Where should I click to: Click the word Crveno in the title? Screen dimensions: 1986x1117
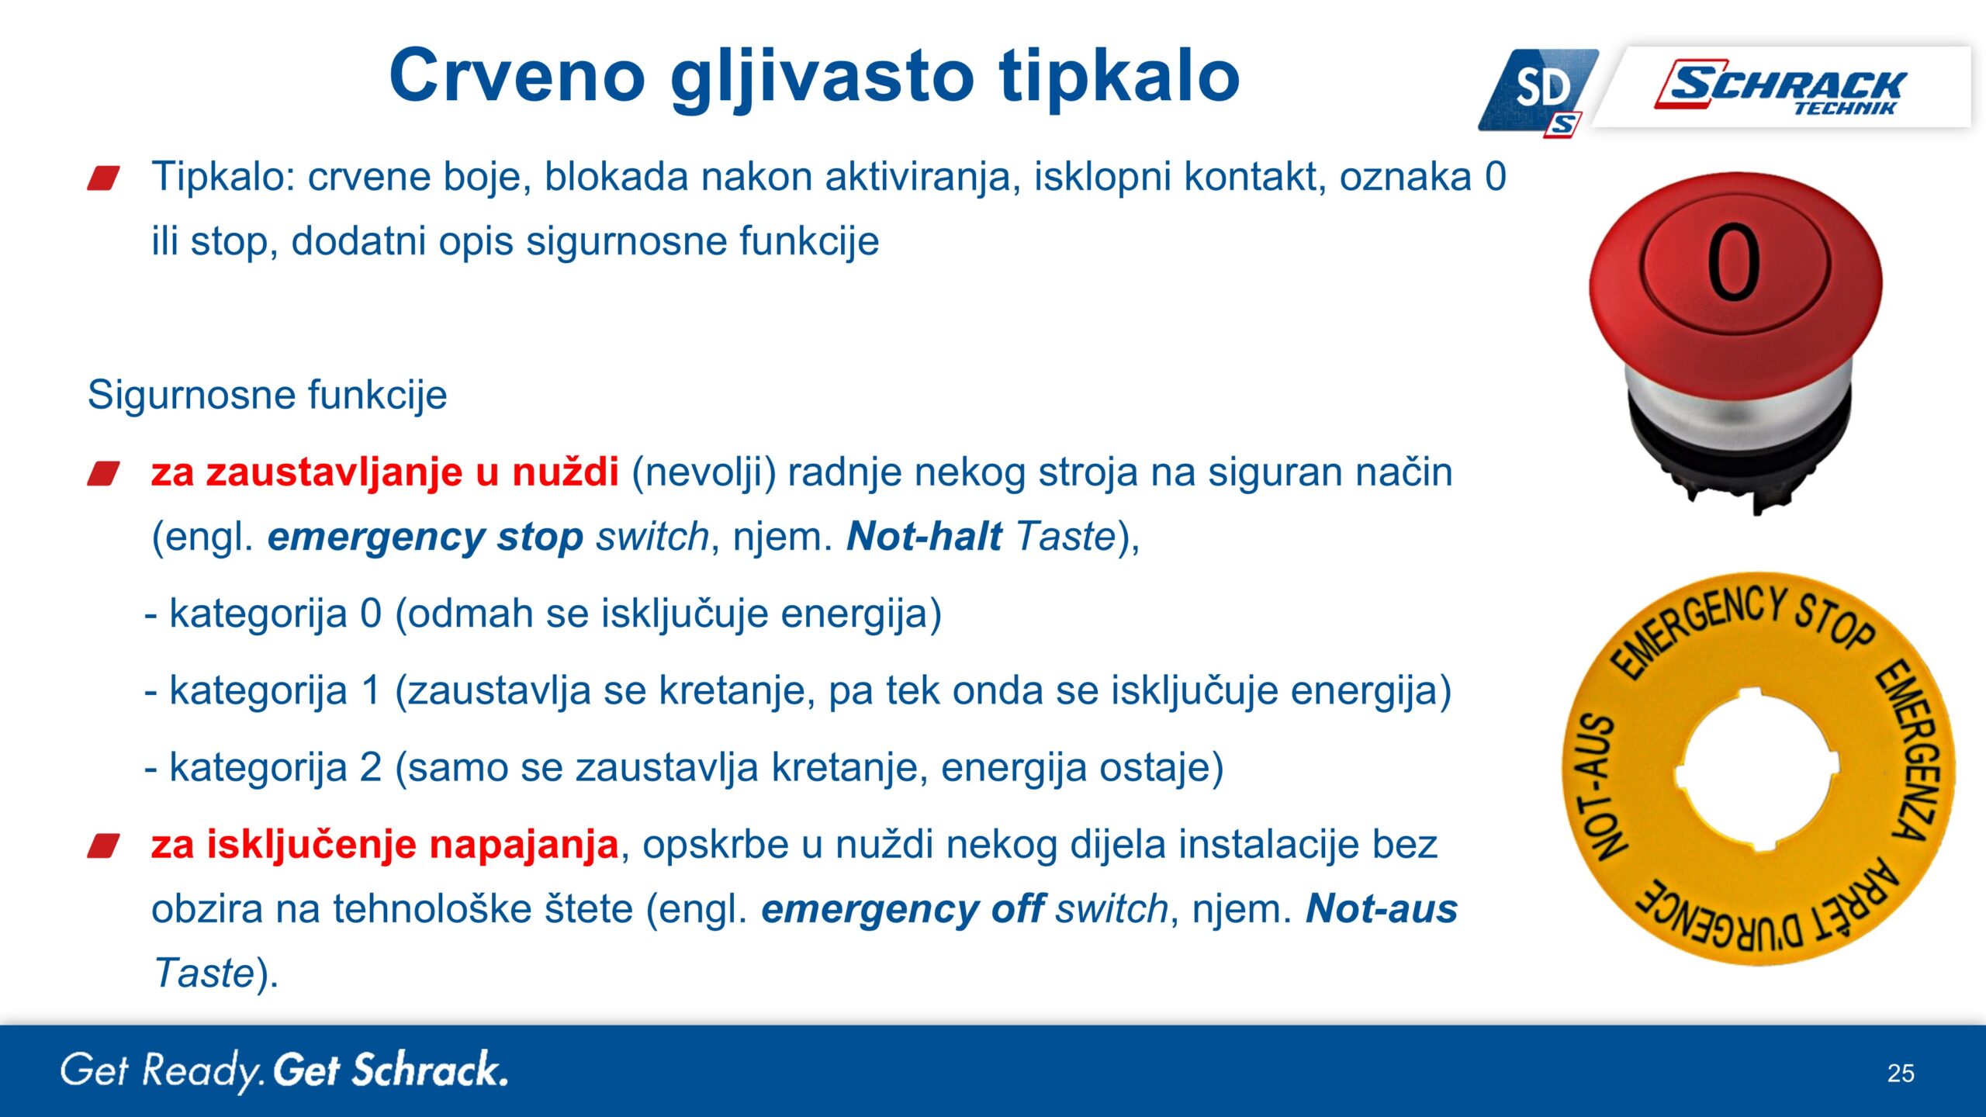click(x=517, y=75)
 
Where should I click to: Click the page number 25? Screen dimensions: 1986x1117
click(x=1901, y=1074)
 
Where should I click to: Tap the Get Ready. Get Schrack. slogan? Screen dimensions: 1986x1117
click(x=284, y=1071)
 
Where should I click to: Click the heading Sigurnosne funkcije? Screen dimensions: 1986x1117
click(x=267, y=395)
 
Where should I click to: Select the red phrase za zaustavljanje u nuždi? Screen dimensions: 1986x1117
click(x=385, y=472)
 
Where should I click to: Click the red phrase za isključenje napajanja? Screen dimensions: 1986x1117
click(x=385, y=845)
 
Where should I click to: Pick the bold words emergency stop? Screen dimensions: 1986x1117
click(x=425, y=537)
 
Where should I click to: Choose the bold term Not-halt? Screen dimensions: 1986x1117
click(x=924, y=536)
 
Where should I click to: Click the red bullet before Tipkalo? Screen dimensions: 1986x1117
click(x=104, y=178)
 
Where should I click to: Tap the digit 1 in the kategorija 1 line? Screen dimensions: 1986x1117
click(x=372, y=690)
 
